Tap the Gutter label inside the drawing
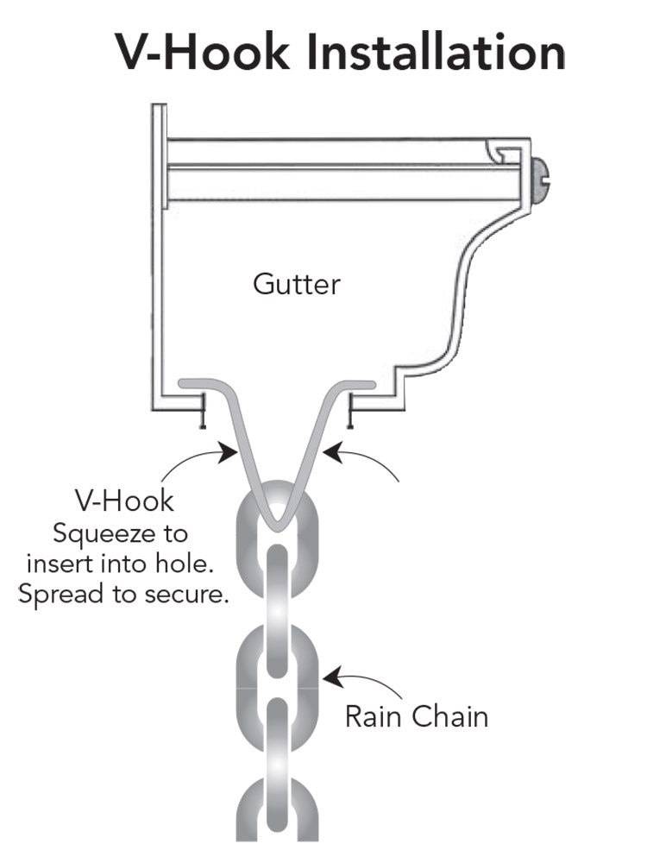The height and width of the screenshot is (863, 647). point(296,283)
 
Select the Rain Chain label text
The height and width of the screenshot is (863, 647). point(416,716)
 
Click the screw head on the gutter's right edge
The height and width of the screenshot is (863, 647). point(539,180)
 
